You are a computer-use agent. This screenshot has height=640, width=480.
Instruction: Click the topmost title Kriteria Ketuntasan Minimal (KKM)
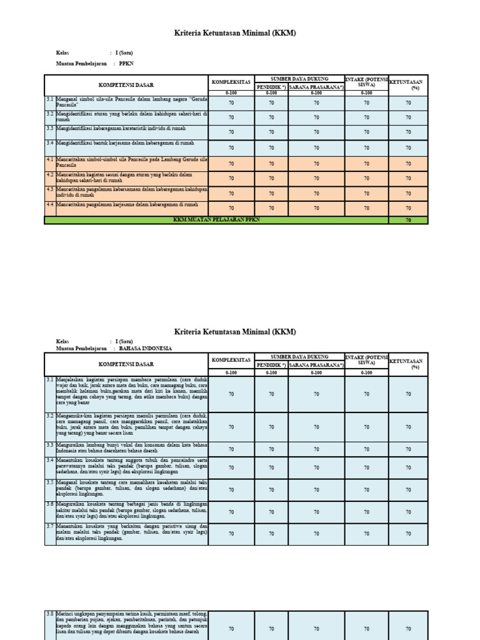pyautogui.click(x=235, y=34)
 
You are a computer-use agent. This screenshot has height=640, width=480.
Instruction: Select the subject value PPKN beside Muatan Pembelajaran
pyautogui.click(x=126, y=64)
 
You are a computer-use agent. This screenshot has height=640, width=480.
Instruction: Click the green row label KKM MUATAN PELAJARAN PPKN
pyautogui.click(x=216, y=220)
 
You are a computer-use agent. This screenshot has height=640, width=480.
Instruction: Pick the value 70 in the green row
pyautogui.click(x=408, y=220)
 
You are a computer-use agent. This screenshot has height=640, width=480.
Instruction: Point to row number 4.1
pyautogui.click(x=50, y=160)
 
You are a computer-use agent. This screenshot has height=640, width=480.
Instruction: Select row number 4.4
pyautogui.click(x=50, y=204)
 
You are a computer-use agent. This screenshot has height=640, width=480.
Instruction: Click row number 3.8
pyautogui.click(x=50, y=614)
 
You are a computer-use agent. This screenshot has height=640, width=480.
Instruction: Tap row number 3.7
pyautogui.click(x=50, y=527)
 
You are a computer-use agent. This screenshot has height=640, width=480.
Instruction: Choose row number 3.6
pyautogui.click(x=50, y=504)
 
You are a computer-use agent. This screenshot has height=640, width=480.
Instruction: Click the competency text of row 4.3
pyautogui.click(x=131, y=192)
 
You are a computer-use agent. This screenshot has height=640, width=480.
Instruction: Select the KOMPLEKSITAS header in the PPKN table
pyautogui.click(x=231, y=82)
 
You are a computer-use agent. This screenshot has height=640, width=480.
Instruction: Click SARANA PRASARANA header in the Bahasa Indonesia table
pyautogui.click(x=316, y=364)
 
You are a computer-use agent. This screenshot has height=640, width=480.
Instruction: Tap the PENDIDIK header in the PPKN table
pyautogui.click(x=271, y=87)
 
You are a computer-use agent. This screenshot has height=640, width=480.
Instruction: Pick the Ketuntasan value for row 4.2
pyautogui.click(x=408, y=178)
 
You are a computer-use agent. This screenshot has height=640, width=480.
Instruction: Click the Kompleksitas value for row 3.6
pyautogui.click(x=231, y=511)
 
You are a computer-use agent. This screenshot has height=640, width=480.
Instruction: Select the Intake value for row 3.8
pyautogui.click(x=366, y=629)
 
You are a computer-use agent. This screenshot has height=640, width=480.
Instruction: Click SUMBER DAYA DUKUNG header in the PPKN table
pyautogui.click(x=299, y=78)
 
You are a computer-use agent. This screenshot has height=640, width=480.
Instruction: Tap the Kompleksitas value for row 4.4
pyautogui.click(x=231, y=208)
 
